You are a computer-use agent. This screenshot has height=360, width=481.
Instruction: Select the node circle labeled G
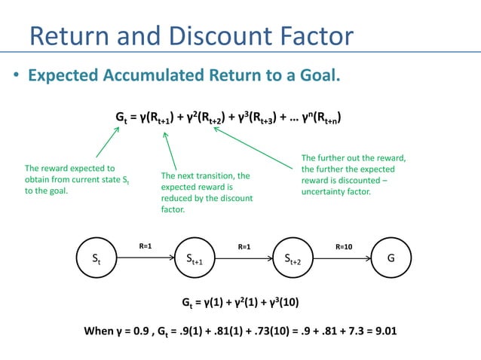[x=391, y=258]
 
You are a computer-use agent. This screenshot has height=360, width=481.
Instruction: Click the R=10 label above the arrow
[x=343, y=246]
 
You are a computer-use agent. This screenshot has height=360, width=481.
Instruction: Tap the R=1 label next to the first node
[x=146, y=246]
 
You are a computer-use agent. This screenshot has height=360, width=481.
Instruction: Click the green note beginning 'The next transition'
[x=206, y=192]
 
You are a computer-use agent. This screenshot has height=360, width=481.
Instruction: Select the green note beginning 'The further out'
[x=354, y=175]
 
